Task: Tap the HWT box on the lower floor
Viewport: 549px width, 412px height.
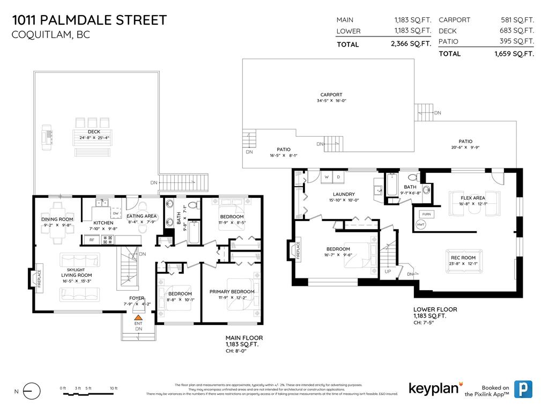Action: [x=421, y=224]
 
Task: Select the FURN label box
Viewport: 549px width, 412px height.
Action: [x=427, y=214]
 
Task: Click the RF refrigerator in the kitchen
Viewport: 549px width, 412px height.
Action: [x=92, y=240]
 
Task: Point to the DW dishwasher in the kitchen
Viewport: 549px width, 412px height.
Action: [x=116, y=214]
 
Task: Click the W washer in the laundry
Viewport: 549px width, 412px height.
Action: [x=327, y=176]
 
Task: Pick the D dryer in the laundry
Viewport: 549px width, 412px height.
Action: [x=339, y=176]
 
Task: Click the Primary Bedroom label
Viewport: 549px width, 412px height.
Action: [x=232, y=291]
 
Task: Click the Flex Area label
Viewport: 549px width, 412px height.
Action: [x=472, y=198]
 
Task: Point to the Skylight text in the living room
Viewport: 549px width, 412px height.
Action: [x=76, y=269]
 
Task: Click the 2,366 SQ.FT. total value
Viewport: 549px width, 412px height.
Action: [x=411, y=45]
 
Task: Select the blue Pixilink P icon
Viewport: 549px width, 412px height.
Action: [x=522, y=389]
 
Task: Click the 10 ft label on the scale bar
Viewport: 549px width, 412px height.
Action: [x=113, y=388]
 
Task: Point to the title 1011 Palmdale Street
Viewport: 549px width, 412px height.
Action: [x=89, y=20]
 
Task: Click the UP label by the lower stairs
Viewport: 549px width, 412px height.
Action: [x=388, y=271]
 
